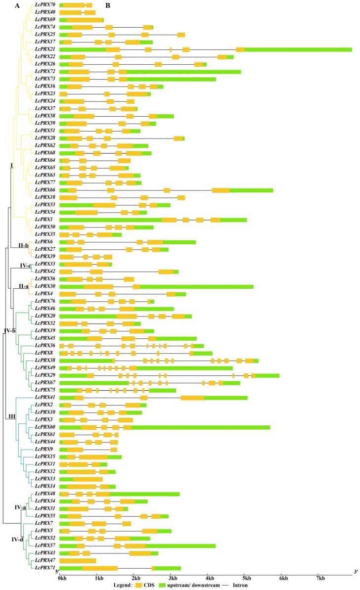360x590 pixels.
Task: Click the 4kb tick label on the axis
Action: (x=210, y=577)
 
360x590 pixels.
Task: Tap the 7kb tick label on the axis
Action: (x=321, y=577)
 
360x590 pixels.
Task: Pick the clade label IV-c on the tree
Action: (x=26, y=266)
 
